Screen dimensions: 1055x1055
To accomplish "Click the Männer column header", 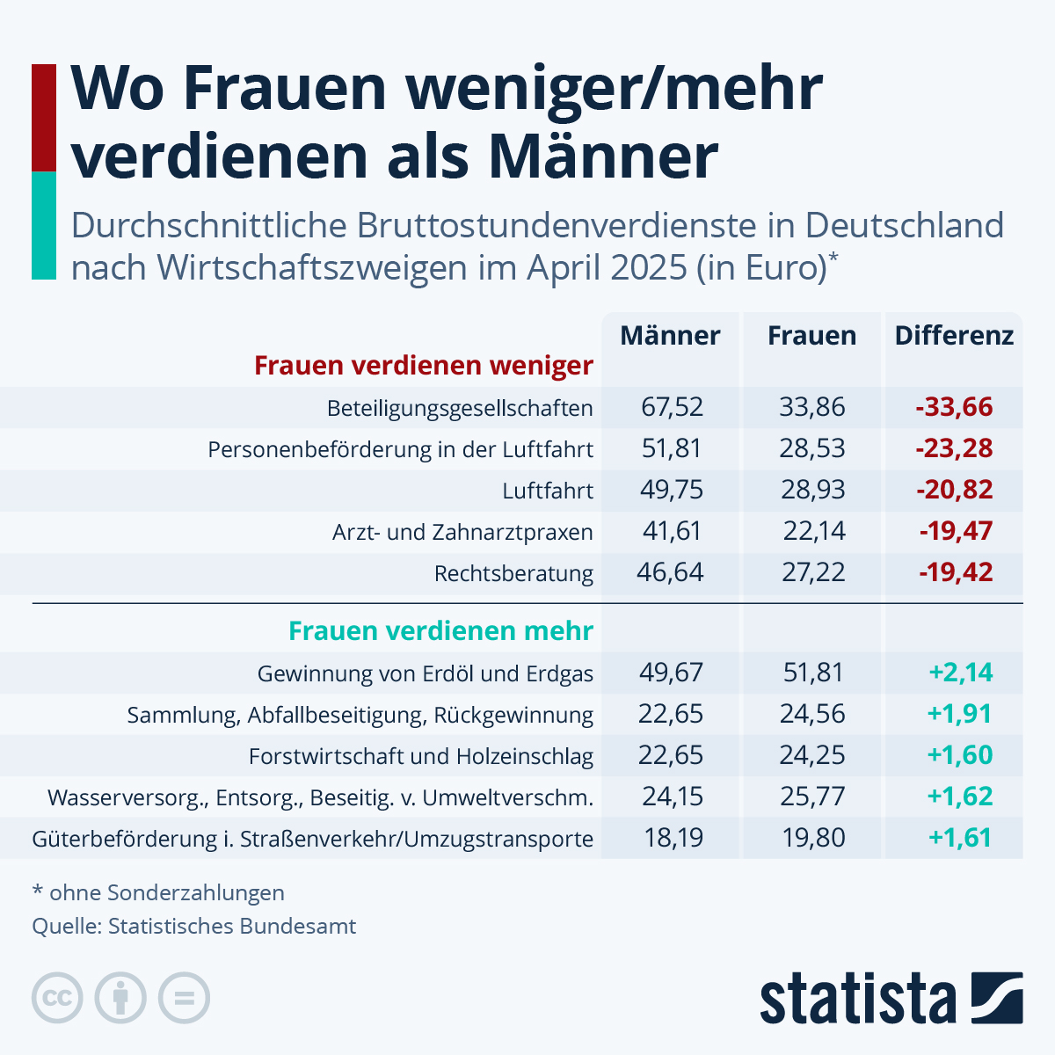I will [x=670, y=336].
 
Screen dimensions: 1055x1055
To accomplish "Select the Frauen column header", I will [x=811, y=336].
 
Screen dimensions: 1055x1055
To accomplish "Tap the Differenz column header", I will [x=954, y=336].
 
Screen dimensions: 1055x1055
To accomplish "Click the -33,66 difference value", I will [x=954, y=407].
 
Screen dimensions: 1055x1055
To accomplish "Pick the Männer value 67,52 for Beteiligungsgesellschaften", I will [x=672, y=407].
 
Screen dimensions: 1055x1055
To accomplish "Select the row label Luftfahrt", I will [x=548, y=491].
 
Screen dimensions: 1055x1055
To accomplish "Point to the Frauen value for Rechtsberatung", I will [x=813, y=572].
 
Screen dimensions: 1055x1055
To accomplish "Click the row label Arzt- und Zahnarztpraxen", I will [x=462, y=532].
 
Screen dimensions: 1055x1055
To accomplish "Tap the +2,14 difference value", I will [x=960, y=673].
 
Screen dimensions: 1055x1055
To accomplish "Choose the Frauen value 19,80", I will [x=813, y=838].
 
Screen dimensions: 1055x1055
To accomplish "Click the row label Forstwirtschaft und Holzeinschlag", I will [x=421, y=756].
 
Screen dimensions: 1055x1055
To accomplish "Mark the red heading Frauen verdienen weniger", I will [x=424, y=366].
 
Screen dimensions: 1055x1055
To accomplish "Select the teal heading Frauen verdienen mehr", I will [x=441, y=631].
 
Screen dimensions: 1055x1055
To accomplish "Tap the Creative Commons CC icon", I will [x=57, y=999].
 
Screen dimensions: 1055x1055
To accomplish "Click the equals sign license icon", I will [x=184, y=999].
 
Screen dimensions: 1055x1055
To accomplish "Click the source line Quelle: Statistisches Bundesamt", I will [x=194, y=927].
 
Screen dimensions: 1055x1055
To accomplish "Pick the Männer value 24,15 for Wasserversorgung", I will [x=672, y=797].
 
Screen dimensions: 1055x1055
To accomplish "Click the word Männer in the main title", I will [x=603, y=156].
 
